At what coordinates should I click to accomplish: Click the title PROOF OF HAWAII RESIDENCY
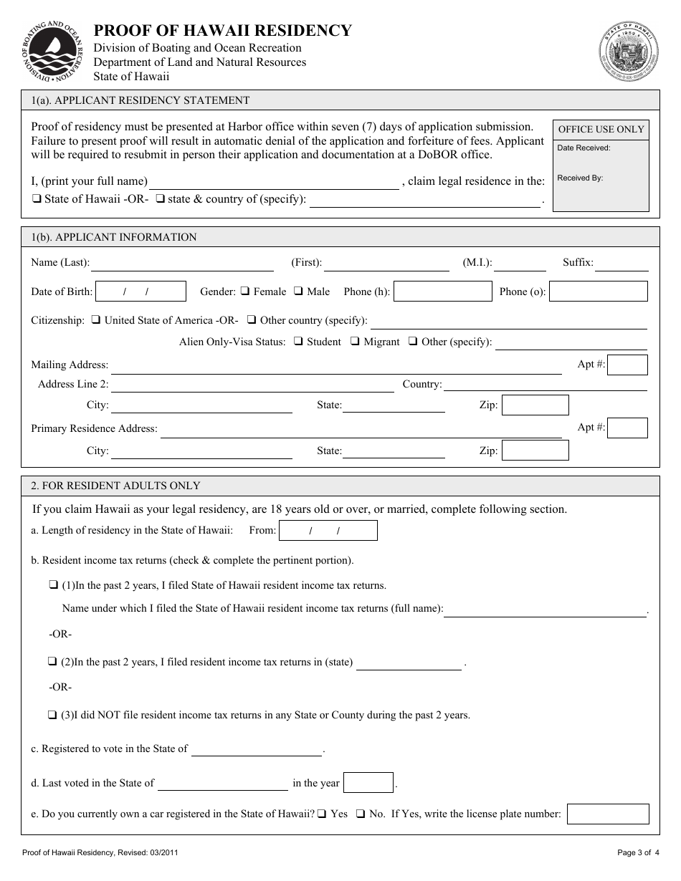tap(223, 30)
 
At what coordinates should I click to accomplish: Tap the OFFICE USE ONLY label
tap(601, 130)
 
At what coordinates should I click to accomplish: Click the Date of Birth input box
tap(141, 292)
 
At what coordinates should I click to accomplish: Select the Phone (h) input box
tap(443, 292)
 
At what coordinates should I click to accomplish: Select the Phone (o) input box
tap(598, 292)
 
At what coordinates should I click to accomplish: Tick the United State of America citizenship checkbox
tap(96, 320)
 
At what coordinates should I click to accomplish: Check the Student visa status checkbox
tap(298, 342)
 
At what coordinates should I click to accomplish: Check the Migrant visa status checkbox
tap(355, 342)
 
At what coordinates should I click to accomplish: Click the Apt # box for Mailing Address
tap(627, 365)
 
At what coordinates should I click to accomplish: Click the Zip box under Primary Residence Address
tap(535, 451)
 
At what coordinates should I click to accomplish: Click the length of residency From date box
tap(328, 531)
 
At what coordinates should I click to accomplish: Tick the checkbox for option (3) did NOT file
tap(53, 715)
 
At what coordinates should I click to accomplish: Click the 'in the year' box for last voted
tap(368, 783)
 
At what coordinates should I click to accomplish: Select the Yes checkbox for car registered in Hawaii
tap(323, 814)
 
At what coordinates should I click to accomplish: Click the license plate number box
tap(607, 814)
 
